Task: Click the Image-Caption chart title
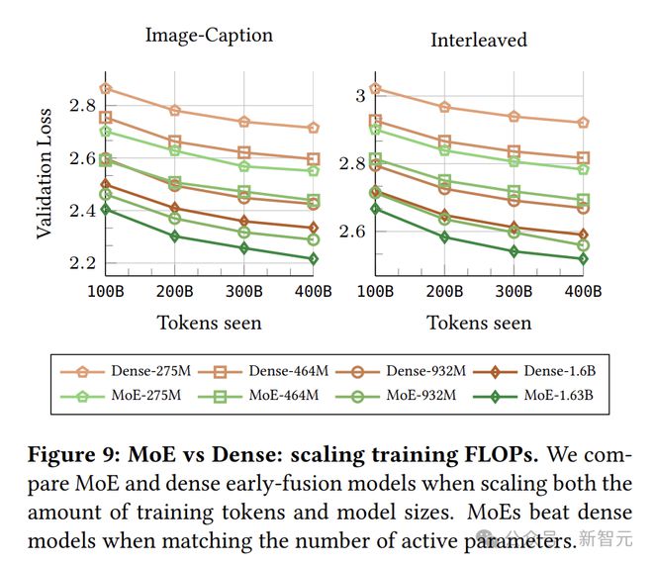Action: [x=209, y=36]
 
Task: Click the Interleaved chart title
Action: [x=478, y=41]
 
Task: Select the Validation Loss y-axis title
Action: [x=45, y=187]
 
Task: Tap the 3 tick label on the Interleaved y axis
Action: [x=360, y=94]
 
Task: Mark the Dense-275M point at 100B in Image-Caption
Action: [x=106, y=88]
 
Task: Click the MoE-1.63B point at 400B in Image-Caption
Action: [x=313, y=259]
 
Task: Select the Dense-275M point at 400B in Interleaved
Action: [x=583, y=123]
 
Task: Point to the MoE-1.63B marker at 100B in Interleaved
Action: [x=375, y=209]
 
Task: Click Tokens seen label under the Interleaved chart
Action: [x=479, y=323]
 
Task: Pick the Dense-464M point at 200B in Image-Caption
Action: [x=175, y=141]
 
